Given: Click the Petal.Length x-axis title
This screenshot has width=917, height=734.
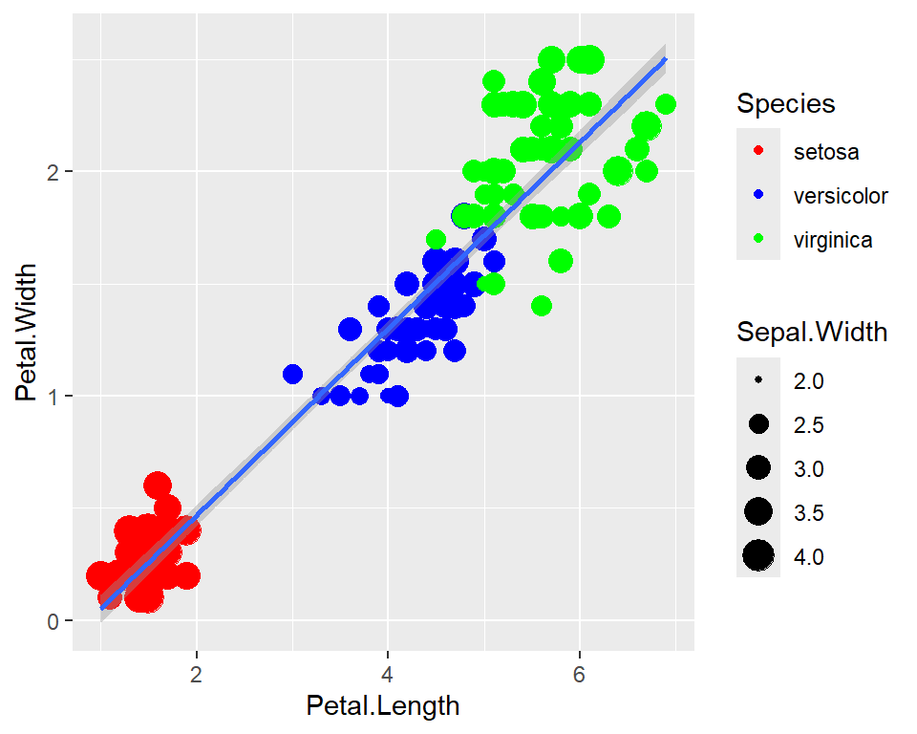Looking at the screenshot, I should [383, 706].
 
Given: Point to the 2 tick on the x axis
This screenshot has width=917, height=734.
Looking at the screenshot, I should [197, 673].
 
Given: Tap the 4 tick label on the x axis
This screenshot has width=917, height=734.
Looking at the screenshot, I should [388, 673].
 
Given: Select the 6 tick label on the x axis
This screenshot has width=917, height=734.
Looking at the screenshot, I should [579, 673].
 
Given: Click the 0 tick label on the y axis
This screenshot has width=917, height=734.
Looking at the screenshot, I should [54, 620].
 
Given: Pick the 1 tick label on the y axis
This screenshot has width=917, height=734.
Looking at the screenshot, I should [54, 396].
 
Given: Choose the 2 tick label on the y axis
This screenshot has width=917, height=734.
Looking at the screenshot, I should [54, 171].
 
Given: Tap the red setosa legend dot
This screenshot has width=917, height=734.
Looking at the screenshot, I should [758, 151].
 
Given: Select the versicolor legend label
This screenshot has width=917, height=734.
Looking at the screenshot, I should [841, 196].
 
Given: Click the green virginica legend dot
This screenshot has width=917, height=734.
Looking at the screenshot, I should [758, 240].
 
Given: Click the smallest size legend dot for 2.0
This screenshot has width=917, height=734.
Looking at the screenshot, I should [758, 380].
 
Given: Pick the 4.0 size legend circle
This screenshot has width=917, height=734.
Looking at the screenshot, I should [758, 555].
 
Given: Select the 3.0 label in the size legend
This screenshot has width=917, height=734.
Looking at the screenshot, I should [808, 468].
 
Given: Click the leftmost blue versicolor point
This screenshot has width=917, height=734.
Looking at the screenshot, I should [292, 374].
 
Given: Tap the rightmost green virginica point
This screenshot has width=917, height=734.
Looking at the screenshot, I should [666, 104].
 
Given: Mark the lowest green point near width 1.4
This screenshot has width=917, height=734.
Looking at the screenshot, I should [542, 306].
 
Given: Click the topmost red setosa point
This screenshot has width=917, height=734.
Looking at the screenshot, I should [158, 486].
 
